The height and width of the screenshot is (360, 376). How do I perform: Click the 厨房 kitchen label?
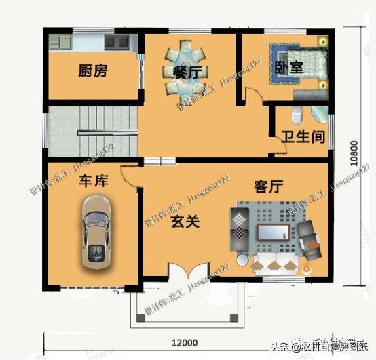coord(92,71)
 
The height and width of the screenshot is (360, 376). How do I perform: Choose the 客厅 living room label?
coord(268,186)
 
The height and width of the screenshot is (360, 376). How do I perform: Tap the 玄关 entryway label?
coord(184,222)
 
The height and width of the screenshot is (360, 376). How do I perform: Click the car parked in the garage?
coord(96,231)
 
